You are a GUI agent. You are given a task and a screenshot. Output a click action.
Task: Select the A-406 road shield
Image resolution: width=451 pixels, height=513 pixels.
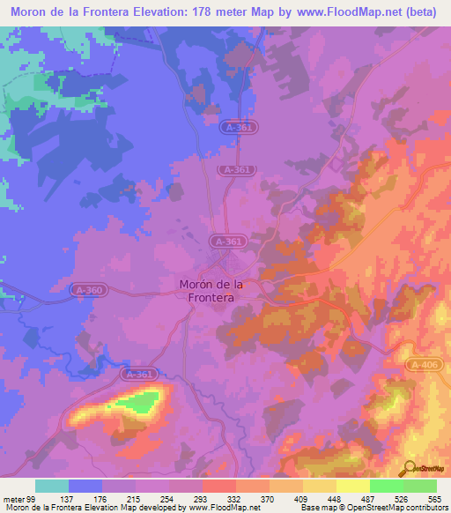[x=424, y=363]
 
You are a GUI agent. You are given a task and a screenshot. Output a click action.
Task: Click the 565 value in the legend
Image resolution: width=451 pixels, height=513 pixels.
[x=435, y=498]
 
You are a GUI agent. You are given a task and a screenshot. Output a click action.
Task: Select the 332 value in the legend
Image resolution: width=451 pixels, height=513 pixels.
[x=234, y=498]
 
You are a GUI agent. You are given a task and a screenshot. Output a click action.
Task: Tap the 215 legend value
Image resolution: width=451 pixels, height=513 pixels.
[x=134, y=498]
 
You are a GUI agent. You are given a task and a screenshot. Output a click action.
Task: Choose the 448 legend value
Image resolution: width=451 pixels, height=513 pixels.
[x=335, y=498]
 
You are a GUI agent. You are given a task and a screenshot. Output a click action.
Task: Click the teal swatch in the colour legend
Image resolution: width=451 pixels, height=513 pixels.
[x=52, y=486]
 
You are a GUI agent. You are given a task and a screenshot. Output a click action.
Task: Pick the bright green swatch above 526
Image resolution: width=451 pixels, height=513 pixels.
[x=386, y=486]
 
